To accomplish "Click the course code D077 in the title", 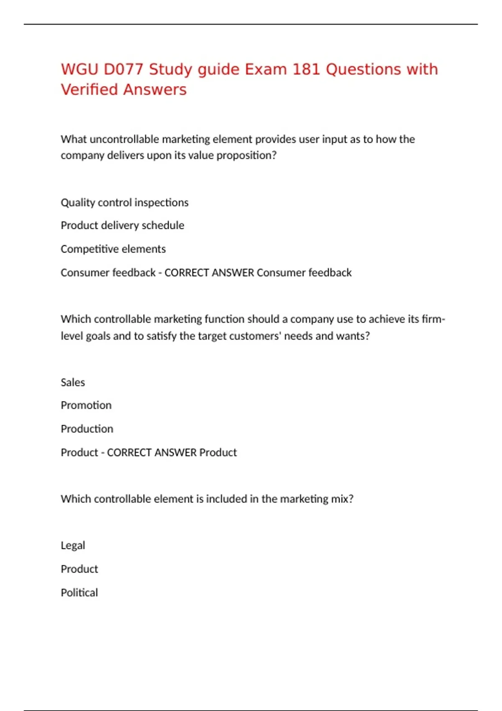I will pyautogui.click(x=123, y=69).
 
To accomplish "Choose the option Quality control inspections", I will pyautogui.click(x=125, y=203).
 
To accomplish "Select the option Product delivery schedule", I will pyautogui.click(x=122, y=225).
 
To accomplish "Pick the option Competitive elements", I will pyautogui.click(x=113, y=249).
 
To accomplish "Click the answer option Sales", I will pyautogui.click(x=73, y=383).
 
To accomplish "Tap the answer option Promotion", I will pyautogui.click(x=86, y=405).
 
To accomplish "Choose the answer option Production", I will pyautogui.click(x=87, y=429).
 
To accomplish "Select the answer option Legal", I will pyautogui.click(x=73, y=546).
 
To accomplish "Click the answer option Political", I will pyautogui.click(x=79, y=593).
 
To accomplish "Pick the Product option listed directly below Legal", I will pyautogui.click(x=79, y=569).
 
